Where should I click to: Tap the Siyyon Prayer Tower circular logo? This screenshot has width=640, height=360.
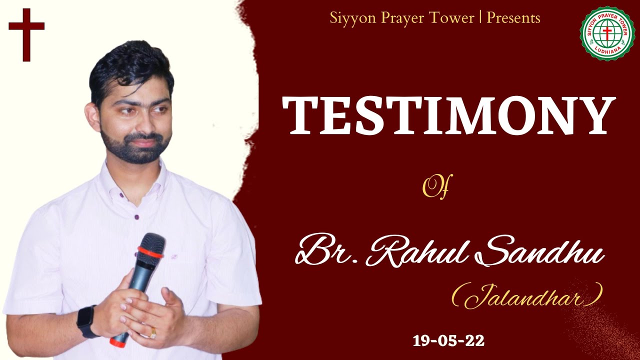(606, 33)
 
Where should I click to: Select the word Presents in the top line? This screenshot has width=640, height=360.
(513, 18)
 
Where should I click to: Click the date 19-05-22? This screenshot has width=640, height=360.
(448, 341)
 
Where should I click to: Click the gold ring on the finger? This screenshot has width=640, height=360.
(153, 331)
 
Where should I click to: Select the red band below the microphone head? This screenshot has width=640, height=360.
(150, 253)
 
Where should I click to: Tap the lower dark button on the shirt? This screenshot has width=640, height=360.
(136, 217)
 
